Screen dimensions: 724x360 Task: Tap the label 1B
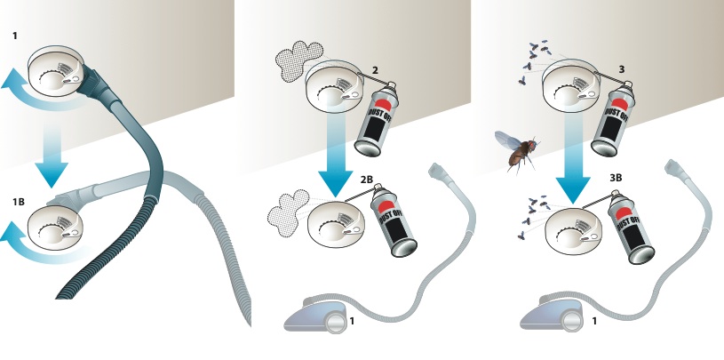tap(19, 202)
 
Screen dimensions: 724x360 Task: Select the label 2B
tap(367, 180)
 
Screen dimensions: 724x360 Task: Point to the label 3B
tap(616, 178)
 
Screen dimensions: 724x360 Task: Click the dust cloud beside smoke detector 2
tap(298, 61)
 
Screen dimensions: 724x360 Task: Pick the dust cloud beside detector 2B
tap(288, 212)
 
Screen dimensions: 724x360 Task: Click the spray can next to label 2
tap(378, 119)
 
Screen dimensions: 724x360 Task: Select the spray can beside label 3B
tap(630, 227)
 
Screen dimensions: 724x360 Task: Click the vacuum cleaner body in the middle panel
tap(315, 316)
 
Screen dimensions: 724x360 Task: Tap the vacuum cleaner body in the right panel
tap(553, 314)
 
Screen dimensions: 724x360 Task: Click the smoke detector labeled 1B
tap(55, 228)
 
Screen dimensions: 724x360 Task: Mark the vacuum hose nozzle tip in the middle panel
tap(437, 170)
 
